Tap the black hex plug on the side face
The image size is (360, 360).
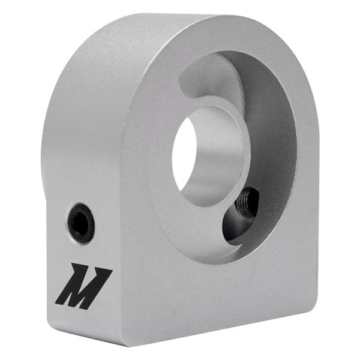tap(80, 223)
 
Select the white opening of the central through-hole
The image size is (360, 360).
tap(184, 154)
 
